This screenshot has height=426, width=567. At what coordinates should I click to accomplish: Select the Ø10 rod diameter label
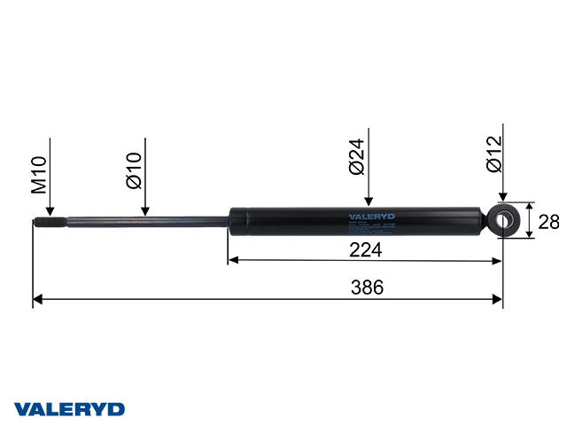tap(135, 170)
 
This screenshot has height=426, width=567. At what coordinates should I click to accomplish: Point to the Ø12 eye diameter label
tap(494, 152)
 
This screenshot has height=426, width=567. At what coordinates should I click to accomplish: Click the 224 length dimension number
tap(365, 250)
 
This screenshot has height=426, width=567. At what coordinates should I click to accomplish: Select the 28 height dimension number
tap(548, 221)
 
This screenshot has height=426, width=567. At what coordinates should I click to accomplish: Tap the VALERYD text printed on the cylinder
tap(369, 216)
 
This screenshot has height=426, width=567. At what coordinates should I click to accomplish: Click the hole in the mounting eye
tap(509, 220)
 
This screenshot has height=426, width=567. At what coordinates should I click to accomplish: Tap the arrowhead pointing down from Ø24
tap(369, 202)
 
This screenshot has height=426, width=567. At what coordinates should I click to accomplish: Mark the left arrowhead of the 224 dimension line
tap(233, 261)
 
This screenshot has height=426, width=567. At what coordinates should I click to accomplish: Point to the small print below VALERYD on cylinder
tap(369, 225)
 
